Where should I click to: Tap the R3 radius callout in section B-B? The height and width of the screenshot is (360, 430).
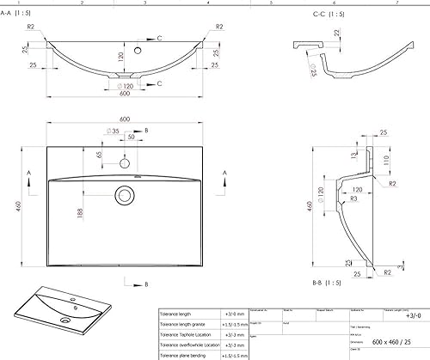click(x=330, y=199)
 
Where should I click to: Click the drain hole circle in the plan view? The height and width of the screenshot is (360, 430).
click(x=125, y=196)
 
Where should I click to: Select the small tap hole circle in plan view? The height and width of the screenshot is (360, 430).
click(x=125, y=162)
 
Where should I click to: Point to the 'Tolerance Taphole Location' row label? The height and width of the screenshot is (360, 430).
click(x=190, y=334)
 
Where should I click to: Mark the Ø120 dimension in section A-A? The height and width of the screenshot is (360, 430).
click(x=126, y=88)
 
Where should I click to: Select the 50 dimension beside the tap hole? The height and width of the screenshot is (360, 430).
click(x=132, y=137)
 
